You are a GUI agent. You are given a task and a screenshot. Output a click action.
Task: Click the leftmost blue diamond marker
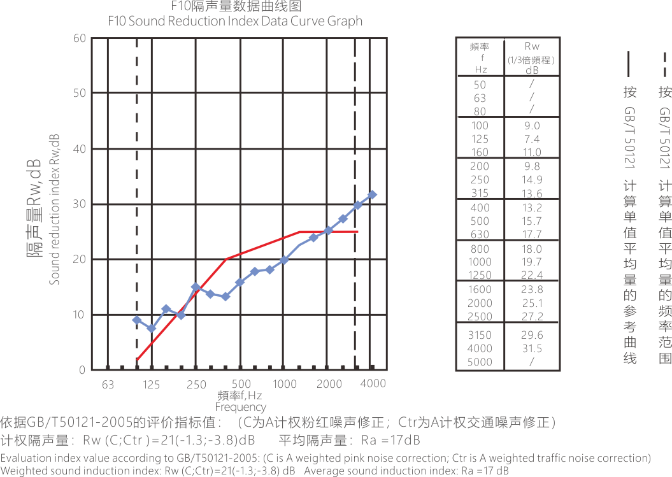click(x=135, y=320)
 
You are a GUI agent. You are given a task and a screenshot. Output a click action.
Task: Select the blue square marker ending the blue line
click(x=378, y=194)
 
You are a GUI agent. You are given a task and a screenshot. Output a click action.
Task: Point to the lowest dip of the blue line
click(x=152, y=329)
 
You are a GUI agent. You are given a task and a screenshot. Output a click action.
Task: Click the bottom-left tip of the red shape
click(x=139, y=359)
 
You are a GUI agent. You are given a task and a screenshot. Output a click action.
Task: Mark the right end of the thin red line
click(x=366, y=231)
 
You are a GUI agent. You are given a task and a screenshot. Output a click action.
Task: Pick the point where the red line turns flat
click(x=300, y=231)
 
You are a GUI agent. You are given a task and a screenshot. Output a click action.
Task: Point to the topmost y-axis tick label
click(x=82, y=39)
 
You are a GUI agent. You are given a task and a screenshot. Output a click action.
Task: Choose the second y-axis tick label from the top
click(x=82, y=93)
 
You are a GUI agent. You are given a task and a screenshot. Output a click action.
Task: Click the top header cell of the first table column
click(x=487, y=46)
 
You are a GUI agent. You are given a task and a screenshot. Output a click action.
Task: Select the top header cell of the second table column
click(x=542, y=46)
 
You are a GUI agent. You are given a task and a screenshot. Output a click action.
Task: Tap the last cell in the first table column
click(x=486, y=362)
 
